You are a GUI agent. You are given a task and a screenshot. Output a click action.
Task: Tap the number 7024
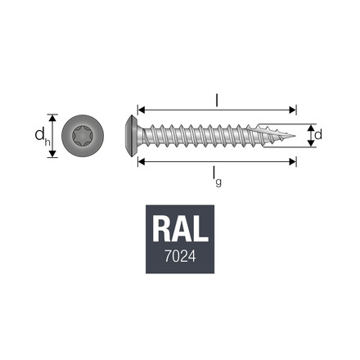point(180,256)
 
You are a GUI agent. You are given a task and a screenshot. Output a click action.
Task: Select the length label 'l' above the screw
point(216,100)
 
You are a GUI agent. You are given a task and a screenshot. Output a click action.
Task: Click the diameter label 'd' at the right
point(318,134)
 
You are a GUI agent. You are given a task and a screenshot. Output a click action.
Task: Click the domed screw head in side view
point(131,135)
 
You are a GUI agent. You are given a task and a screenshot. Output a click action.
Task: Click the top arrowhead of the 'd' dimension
point(309,127)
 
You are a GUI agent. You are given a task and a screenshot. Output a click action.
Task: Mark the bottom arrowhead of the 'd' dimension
point(309,144)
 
